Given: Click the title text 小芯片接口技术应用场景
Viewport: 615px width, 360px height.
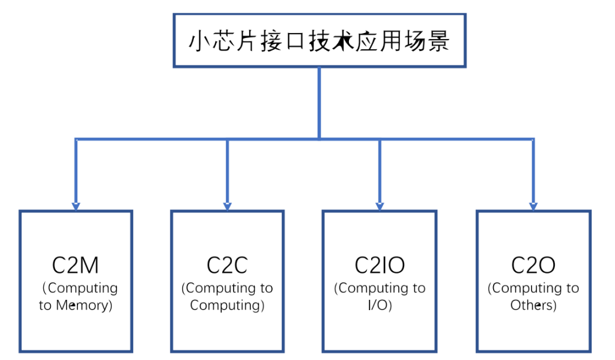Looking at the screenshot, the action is click(x=319, y=41).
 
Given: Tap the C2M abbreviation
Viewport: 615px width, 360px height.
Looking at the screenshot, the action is click(x=75, y=266).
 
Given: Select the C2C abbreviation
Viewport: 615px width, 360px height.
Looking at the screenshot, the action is click(x=227, y=266).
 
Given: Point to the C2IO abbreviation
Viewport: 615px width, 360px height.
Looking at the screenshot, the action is click(x=380, y=266).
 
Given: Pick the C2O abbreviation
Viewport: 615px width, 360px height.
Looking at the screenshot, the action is click(x=533, y=266).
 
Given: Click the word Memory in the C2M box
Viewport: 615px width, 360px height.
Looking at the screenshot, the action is click(x=84, y=305).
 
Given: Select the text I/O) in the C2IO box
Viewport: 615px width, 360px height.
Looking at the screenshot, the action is click(x=380, y=305).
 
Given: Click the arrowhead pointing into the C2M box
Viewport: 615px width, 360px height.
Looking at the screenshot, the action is click(x=76, y=207).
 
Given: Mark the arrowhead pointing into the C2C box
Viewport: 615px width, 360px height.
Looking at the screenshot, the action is click(x=227, y=207).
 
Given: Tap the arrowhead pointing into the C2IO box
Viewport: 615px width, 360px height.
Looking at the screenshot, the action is click(x=380, y=207).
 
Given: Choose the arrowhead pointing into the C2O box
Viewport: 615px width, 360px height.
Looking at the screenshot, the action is click(x=533, y=207).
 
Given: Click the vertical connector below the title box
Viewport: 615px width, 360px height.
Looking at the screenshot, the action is click(x=320, y=103).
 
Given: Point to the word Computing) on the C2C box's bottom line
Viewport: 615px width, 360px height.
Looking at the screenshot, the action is click(x=227, y=305).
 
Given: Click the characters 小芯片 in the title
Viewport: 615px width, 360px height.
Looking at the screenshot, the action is click(x=223, y=41).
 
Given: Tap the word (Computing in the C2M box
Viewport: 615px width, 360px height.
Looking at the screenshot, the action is click(x=80, y=288).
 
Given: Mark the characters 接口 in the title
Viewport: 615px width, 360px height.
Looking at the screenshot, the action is click(x=282, y=41).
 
